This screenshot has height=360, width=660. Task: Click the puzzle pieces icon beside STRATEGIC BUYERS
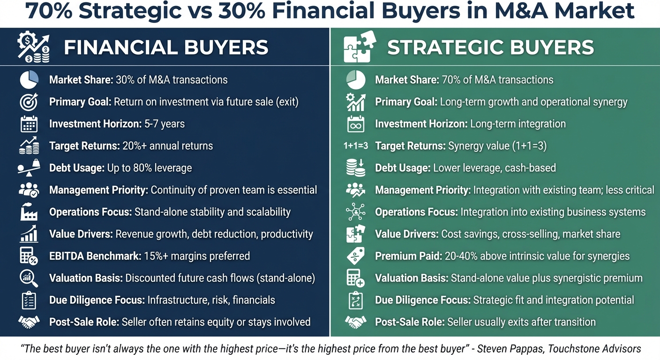click(x=358, y=47)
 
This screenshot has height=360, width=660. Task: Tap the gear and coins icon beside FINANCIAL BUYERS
click(x=33, y=47)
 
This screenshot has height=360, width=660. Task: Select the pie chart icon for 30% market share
click(x=29, y=80)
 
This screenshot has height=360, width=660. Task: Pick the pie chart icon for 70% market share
click(x=355, y=80)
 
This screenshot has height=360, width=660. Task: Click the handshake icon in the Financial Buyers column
click(x=29, y=322)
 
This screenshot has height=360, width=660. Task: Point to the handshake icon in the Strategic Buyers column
click(x=355, y=322)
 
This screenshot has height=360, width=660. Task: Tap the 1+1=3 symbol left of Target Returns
click(x=355, y=146)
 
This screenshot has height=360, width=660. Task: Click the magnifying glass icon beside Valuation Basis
click(x=29, y=278)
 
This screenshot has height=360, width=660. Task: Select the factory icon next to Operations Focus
click(x=29, y=212)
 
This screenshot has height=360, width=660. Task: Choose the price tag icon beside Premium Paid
click(x=355, y=256)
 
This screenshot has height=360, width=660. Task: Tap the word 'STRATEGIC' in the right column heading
click(x=439, y=47)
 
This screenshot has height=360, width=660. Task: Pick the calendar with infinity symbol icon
click(x=355, y=124)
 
